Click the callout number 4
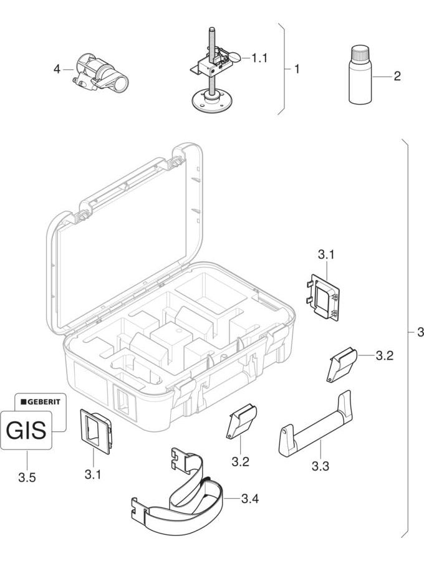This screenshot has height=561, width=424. point(57,70)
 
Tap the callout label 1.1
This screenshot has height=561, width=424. point(259,58)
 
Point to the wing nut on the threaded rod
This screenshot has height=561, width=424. point(232,58)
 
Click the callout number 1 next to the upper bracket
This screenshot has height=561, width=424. point(297,69)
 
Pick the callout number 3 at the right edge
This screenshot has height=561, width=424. point(420,332)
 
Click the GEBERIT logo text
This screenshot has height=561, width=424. point(42,401)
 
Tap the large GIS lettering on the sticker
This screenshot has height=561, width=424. point(26,430)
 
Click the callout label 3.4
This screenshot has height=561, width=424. point(250,498)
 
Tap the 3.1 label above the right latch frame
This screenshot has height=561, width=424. point(326,254)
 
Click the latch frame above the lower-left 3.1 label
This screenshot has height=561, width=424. point(96,429)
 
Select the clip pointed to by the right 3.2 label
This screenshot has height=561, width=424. point(340,364)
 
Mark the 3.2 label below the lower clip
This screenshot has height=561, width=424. point(241,462)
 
